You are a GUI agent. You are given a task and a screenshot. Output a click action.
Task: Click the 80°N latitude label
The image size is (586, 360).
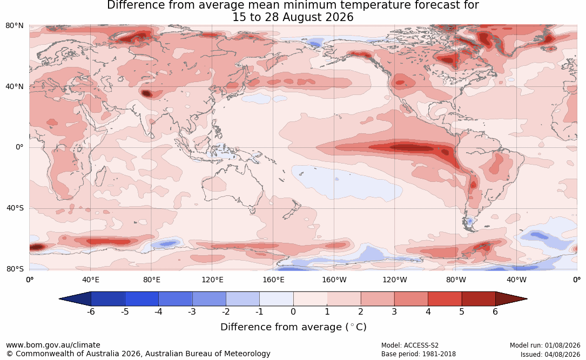15,26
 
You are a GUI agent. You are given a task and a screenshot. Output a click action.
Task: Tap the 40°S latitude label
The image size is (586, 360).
15,208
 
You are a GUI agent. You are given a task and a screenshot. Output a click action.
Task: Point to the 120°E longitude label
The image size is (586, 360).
212,280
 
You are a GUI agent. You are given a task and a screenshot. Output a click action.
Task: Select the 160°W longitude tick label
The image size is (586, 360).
334,280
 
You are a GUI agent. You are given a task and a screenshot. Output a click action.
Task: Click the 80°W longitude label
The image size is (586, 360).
456,280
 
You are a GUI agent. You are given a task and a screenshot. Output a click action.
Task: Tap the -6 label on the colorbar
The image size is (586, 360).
91,311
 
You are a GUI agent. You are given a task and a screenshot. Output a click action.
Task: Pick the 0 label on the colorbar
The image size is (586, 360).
293,311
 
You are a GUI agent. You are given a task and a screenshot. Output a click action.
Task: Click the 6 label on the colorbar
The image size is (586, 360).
496,311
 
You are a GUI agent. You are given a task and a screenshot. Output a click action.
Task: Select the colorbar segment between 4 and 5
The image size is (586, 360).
444,299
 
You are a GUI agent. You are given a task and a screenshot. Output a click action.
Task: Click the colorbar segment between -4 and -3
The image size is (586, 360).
176,299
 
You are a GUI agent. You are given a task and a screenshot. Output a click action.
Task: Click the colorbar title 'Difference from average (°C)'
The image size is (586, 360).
293,327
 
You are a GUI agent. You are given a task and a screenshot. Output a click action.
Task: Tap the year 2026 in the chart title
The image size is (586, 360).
339,17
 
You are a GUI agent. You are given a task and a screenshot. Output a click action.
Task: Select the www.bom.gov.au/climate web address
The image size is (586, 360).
53,345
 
